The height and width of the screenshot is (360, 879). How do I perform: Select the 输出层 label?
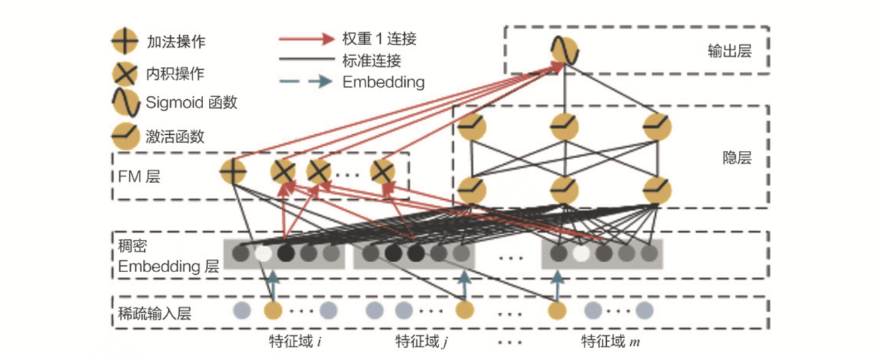729,50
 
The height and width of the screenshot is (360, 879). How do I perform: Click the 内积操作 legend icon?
125,72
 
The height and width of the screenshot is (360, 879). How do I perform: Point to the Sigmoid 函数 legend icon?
125,102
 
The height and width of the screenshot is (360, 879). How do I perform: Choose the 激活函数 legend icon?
125,135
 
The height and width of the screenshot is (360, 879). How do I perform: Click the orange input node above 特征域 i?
273,310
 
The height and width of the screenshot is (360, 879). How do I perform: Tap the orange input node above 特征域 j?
464,310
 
